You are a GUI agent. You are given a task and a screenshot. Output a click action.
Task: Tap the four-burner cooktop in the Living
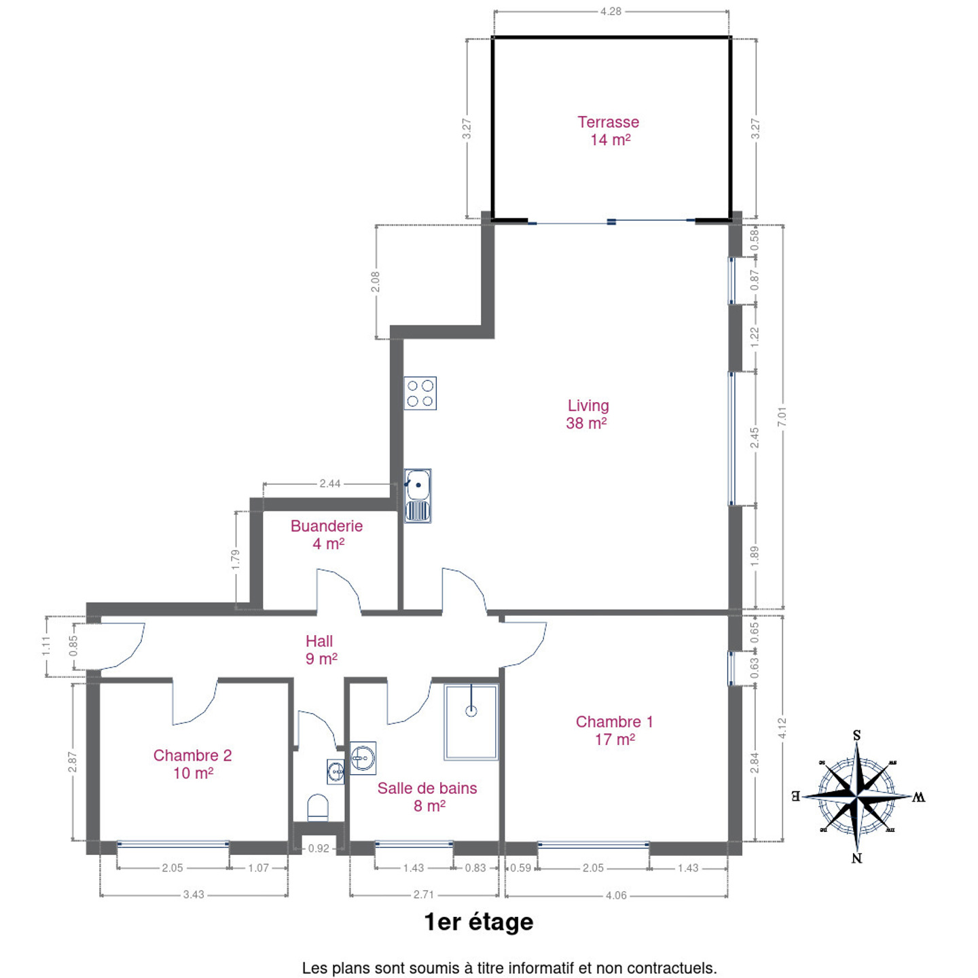pos(420,393)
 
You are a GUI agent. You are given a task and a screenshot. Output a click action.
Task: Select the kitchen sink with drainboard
pos(417,496)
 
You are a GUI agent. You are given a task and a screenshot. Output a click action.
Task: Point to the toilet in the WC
pos(318,808)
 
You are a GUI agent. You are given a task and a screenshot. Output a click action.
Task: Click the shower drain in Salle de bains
pos(471,711)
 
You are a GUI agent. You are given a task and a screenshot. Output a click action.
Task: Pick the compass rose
pos(857,796)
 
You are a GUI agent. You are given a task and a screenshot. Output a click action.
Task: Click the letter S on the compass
pos(856,736)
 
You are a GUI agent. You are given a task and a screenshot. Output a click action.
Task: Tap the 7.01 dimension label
pos(782,416)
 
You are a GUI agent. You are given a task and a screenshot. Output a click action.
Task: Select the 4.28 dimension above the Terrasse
pos(611,11)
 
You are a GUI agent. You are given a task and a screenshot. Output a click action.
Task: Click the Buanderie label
pos(326,526)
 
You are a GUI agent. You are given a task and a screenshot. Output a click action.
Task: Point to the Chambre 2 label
pos(192,755)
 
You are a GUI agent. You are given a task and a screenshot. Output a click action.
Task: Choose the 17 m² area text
pos(615,740)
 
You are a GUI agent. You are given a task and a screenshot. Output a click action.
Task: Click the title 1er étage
pos(479,923)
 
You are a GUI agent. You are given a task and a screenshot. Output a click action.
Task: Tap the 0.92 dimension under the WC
pos(319,848)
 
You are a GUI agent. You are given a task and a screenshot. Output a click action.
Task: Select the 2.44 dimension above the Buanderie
pos(330,484)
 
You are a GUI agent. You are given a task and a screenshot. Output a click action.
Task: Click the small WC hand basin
pos(336,772)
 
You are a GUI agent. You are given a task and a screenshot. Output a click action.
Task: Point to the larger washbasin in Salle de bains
pos(363,758)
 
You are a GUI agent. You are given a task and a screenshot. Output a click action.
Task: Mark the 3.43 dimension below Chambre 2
pos(194,894)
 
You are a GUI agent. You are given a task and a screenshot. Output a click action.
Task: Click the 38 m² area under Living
pos(586,423)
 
